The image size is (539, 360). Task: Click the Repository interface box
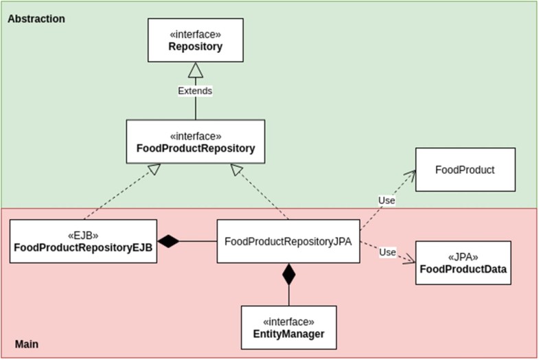point(196,41)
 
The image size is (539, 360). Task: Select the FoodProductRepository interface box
point(196,142)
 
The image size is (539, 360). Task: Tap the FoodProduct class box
point(464,170)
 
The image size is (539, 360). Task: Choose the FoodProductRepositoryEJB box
point(83,241)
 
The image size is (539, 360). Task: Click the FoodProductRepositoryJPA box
point(288,241)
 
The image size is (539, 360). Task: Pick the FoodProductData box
point(463,262)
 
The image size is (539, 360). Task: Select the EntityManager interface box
point(288,327)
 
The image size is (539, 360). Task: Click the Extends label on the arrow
point(196,90)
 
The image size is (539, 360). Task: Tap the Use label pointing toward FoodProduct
point(387,200)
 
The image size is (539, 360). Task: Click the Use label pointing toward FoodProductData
point(387,252)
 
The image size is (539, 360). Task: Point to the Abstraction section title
point(36,19)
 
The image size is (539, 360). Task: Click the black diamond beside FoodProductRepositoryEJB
point(168,241)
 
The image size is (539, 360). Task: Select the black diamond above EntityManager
point(288,275)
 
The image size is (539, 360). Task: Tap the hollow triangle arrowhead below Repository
point(196,69)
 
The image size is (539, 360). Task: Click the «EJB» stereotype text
point(83,234)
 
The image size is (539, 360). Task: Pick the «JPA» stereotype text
point(463,257)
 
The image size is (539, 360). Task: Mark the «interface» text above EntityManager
point(288,321)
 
